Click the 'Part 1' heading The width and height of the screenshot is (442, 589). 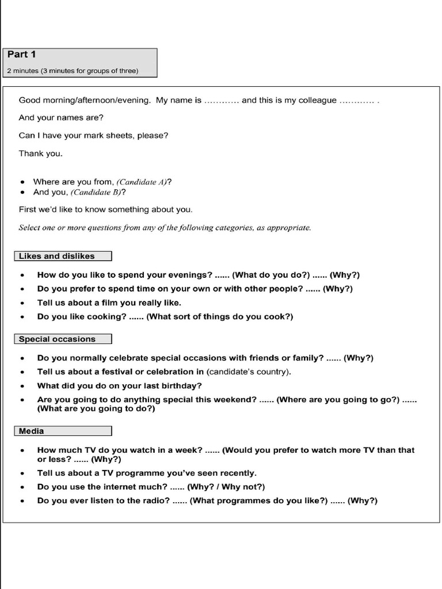click(21, 55)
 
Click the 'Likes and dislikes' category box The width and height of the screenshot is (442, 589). click(62, 256)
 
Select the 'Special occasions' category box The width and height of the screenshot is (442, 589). click(62, 339)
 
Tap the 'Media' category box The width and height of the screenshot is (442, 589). click(62, 431)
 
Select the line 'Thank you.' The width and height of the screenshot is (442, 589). click(40, 154)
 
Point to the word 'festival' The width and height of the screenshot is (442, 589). click(114, 372)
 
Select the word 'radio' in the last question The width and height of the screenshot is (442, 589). click(157, 500)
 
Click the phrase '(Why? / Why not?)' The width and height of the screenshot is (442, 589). click(226, 487)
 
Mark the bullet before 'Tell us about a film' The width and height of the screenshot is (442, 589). click(22, 303)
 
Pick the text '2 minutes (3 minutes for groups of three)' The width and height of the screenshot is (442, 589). click(73, 71)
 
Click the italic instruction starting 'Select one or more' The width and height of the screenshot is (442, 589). click(165, 227)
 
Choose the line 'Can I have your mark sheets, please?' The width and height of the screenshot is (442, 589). click(93, 136)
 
